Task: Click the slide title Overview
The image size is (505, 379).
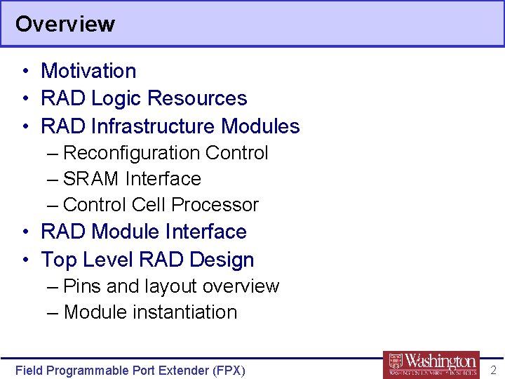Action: [65, 24]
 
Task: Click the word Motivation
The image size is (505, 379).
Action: [88, 71]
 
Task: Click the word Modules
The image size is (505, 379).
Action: [260, 126]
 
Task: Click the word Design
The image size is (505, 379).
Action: [224, 260]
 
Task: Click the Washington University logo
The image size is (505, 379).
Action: [431, 365]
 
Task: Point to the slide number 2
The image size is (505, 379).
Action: [493, 370]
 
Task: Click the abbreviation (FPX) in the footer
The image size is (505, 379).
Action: [228, 371]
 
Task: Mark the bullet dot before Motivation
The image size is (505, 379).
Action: [25, 72]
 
